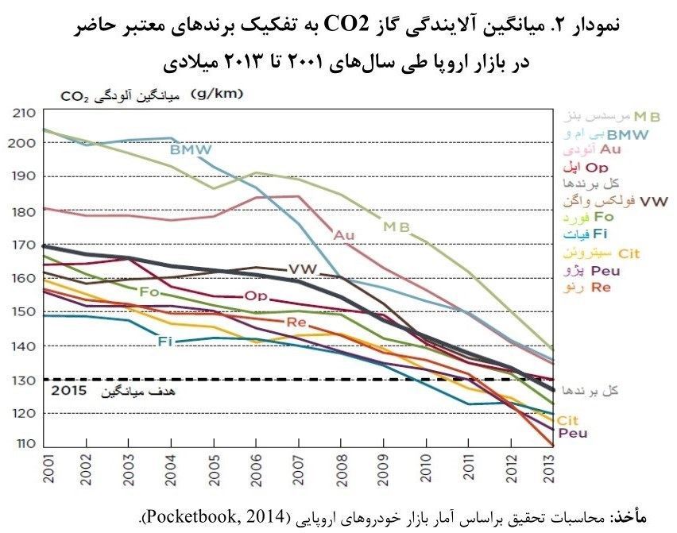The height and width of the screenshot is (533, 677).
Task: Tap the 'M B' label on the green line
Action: point(396,226)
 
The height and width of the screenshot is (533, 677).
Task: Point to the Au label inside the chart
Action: point(344,234)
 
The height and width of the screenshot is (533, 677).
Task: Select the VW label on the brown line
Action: point(303,268)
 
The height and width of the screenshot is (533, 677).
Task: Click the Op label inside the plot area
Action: point(256,296)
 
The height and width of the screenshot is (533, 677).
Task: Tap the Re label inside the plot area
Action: point(296,322)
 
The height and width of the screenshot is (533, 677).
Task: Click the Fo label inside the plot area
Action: point(149,292)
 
